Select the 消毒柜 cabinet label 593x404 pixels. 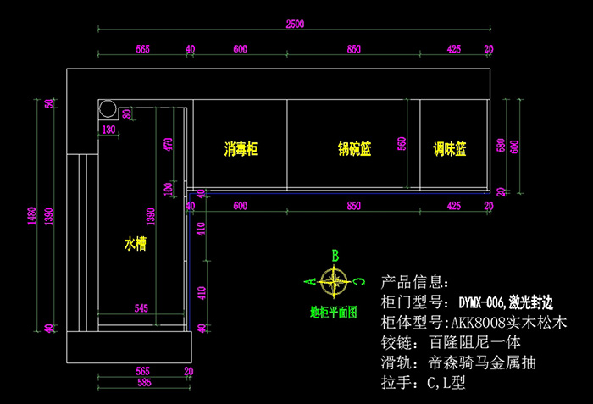(x=241, y=149)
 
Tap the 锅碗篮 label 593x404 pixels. (x=354, y=149)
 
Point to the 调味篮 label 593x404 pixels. (x=449, y=149)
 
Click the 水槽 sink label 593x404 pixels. (x=136, y=245)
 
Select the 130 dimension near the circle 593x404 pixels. (x=108, y=130)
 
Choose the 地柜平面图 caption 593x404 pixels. (x=333, y=312)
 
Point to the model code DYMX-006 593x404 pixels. (x=484, y=302)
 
